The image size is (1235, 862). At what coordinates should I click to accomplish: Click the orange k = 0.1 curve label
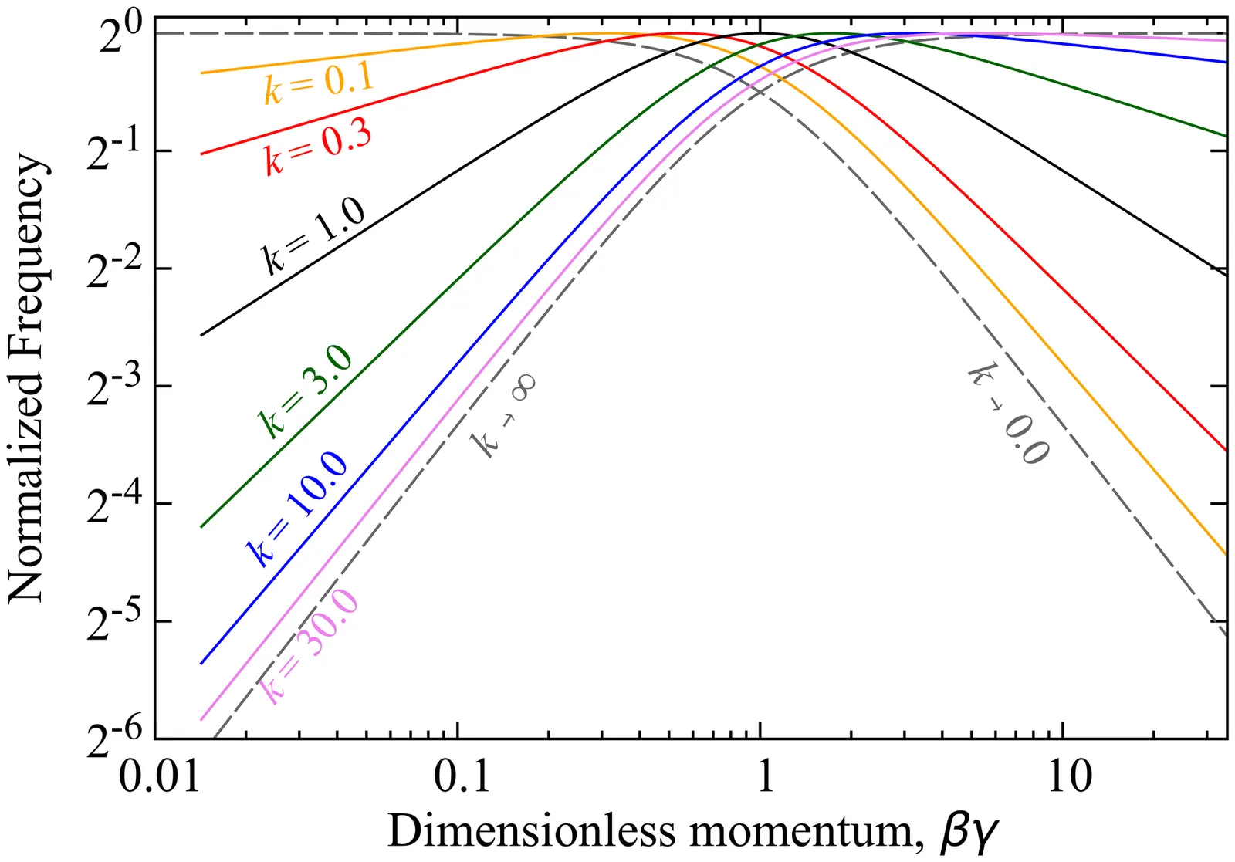click(x=318, y=83)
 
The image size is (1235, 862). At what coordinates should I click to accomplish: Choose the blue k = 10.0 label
click(x=296, y=509)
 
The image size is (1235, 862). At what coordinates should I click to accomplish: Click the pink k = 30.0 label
click(x=309, y=645)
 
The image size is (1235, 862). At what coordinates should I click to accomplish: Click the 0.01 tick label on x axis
click(x=156, y=775)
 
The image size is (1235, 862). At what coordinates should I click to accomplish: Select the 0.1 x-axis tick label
click(x=462, y=775)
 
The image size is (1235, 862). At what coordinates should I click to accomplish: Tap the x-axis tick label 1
click(x=763, y=775)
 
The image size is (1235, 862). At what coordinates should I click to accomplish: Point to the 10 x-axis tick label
click(x=1069, y=775)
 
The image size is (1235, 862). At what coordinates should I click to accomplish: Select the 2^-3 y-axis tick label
click(x=115, y=389)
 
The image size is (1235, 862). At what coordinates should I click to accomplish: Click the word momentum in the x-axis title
click(x=808, y=832)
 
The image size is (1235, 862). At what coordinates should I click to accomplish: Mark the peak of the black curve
click(x=760, y=33)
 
